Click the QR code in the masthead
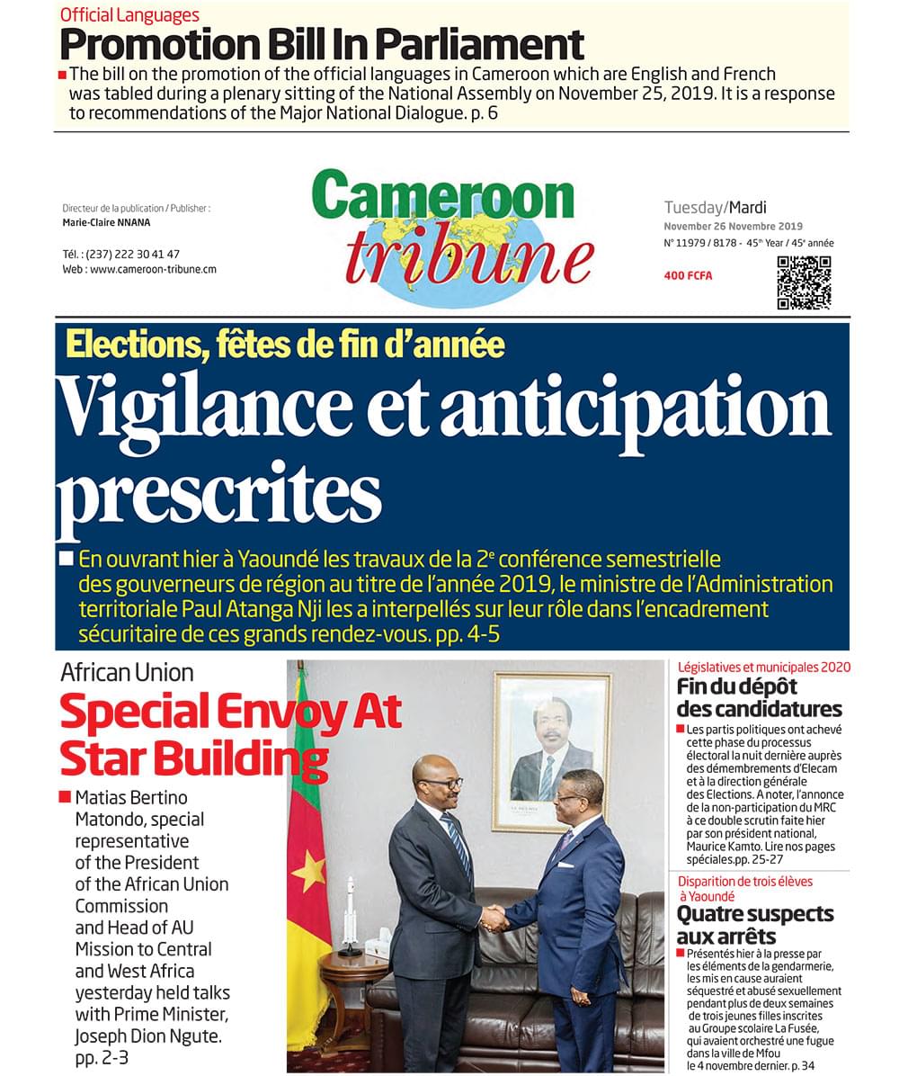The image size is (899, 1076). (804, 282)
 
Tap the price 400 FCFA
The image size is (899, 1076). (688, 275)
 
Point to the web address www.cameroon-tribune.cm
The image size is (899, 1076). (153, 269)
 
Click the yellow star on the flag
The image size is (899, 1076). (311, 871)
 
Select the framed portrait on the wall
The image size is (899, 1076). (551, 750)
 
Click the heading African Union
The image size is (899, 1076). (127, 672)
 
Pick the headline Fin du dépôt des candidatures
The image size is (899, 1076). (759, 698)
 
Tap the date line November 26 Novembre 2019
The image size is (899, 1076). (733, 227)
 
